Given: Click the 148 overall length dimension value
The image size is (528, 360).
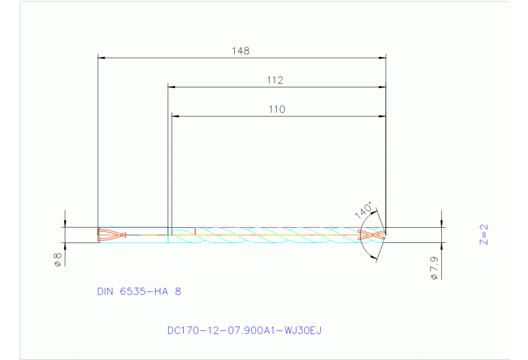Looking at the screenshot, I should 241,51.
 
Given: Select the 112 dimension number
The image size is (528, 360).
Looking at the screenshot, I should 275,81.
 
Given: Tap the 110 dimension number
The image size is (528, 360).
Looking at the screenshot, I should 277,109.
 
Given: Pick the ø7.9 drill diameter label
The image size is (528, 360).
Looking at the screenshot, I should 434,268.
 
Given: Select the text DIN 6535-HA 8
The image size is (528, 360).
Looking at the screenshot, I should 139,291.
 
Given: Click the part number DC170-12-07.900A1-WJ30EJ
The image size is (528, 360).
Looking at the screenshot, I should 244,330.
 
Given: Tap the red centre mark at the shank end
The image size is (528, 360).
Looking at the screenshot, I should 112,235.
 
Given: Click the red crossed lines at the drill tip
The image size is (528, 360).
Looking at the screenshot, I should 372,235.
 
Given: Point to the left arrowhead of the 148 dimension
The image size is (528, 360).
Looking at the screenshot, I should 101,58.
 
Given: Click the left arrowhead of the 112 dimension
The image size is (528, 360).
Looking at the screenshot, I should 172,87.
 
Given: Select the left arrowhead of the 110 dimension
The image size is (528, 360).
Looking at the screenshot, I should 175,116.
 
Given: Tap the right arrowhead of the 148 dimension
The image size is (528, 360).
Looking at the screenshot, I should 382,58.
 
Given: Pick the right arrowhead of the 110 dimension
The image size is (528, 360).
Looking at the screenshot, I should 382,116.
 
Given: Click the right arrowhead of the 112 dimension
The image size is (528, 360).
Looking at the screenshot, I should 382,87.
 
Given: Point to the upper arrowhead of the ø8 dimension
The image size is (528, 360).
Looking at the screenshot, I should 65,224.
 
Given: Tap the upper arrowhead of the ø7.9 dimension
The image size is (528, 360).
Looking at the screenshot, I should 441,224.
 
